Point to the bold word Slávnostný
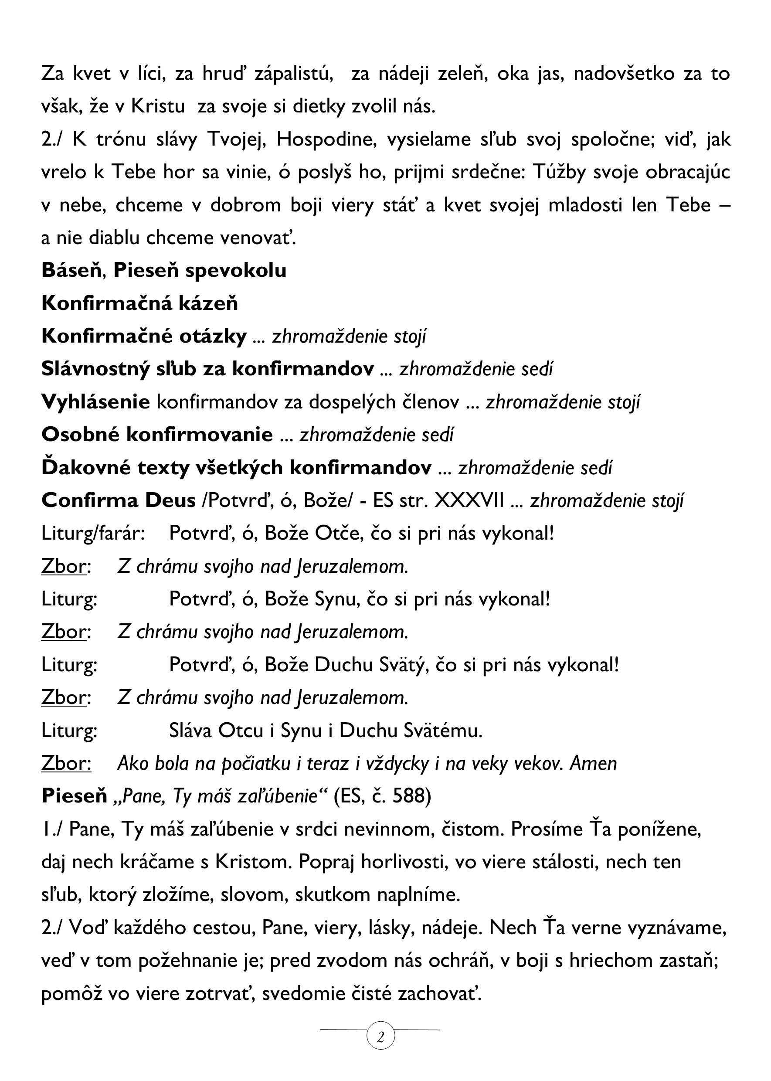(95, 369)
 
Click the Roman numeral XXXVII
(469, 500)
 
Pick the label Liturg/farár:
(93, 534)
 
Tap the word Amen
(593, 763)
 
